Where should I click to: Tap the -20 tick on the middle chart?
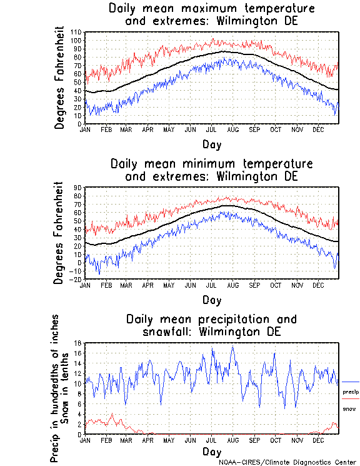pos(76,280)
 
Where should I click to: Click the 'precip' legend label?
pos(351,392)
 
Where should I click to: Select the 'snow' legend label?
pos(349,408)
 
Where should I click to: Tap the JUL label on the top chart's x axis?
pos(212,129)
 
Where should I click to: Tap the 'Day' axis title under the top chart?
pos(212,144)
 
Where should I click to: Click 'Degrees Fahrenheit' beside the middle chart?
pos(59,233)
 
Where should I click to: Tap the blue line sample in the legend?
pos(351,382)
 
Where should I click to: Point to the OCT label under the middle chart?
pos(276,285)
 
